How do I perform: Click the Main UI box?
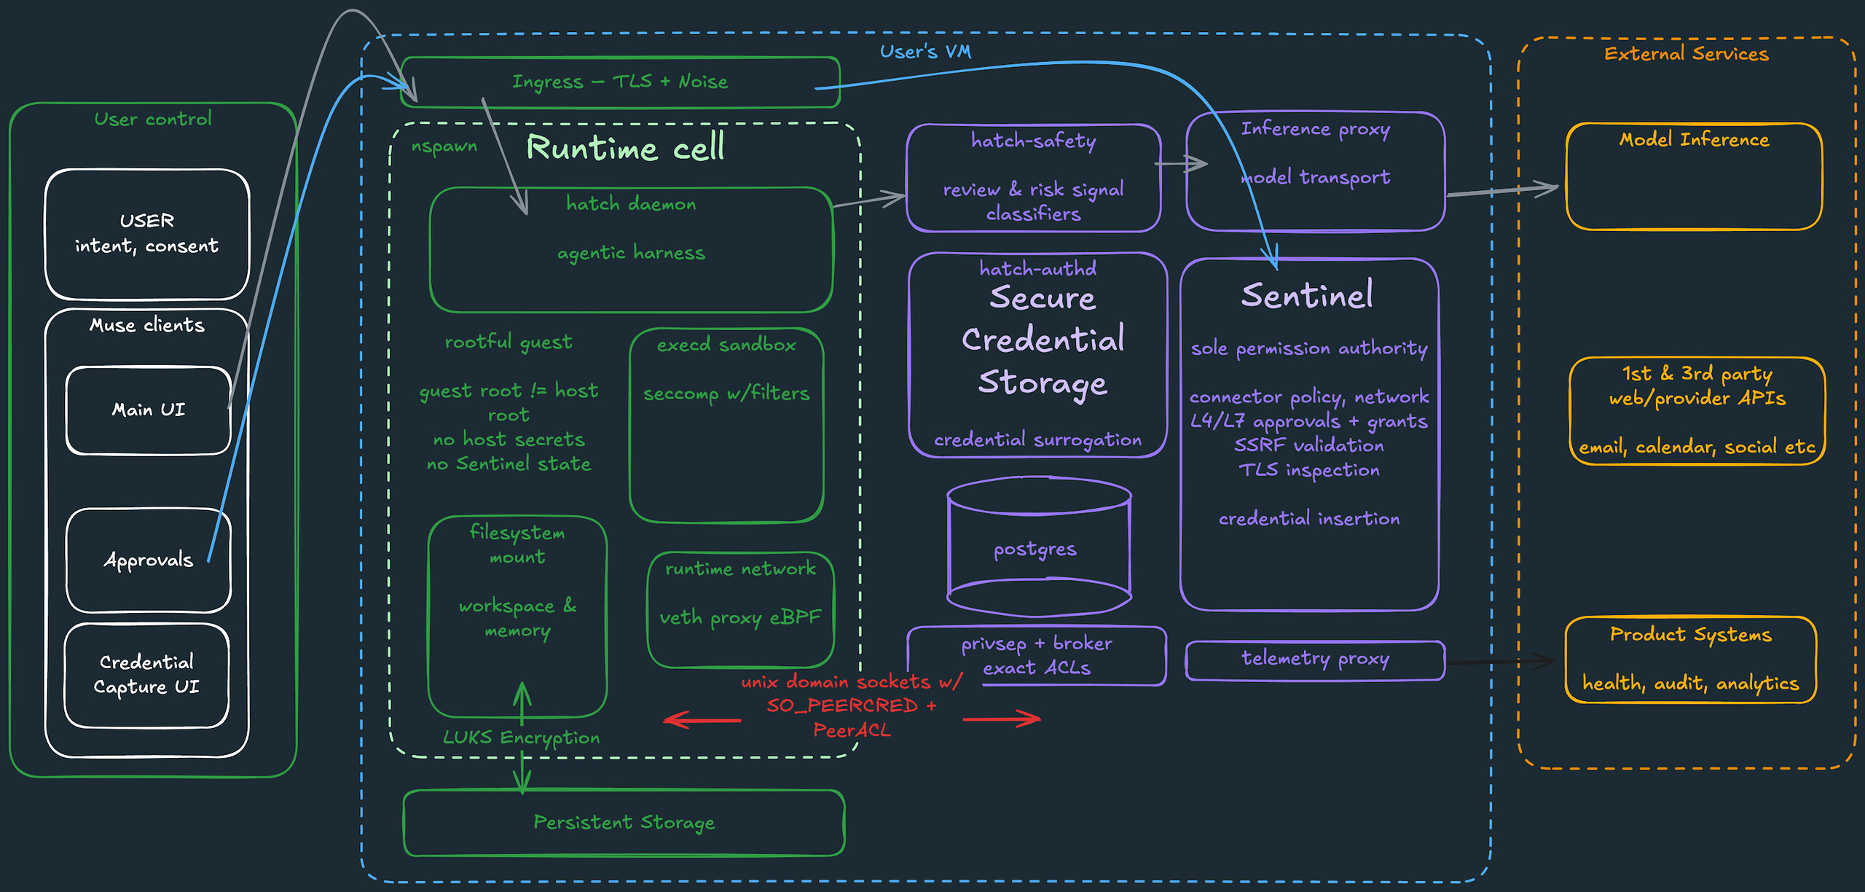pos(148,410)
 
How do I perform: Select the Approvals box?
pos(148,560)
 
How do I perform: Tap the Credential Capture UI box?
pos(146,675)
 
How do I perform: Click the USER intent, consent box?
pos(147,234)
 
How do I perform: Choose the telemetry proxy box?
pos(1315,660)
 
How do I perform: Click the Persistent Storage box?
pos(624,822)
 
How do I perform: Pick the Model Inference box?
pos(1694,176)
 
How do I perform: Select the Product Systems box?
pos(1691,660)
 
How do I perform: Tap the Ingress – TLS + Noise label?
pos(620,82)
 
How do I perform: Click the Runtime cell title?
pos(625,148)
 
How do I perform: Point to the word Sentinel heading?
pos(1307,295)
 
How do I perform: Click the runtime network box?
pos(740,609)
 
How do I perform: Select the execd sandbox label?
pos(726,345)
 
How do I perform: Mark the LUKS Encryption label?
pos(522,738)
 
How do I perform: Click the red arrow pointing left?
pos(702,720)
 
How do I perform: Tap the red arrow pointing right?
pos(1002,719)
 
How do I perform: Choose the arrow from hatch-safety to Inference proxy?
pos(1182,164)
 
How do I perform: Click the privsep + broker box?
pos(1037,656)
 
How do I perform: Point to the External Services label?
pos(1687,54)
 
